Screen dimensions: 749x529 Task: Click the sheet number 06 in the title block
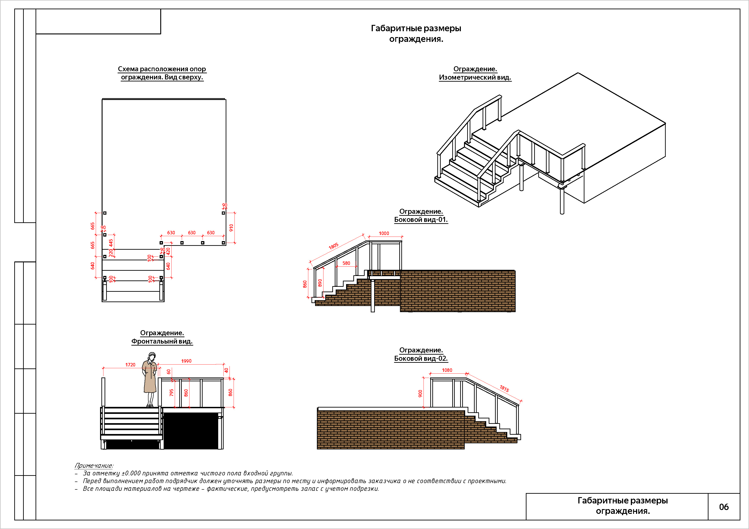(x=724, y=507)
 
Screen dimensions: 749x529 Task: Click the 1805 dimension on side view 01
(x=333, y=246)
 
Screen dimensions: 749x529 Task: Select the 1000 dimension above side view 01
(x=384, y=233)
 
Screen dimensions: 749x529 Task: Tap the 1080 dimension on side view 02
(x=447, y=370)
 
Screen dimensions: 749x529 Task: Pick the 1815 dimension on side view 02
(x=504, y=389)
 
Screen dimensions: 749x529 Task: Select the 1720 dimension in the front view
(x=130, y=365)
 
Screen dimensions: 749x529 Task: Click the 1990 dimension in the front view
(x=186, y=361)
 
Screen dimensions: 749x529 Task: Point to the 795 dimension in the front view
(x=171, y=393)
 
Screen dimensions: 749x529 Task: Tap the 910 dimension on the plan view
(x=231, y=228)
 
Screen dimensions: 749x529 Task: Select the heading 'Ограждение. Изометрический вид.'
(x=475, y=73)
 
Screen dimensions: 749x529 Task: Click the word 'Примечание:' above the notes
(x=94, y=465)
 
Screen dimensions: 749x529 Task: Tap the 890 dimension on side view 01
(x=320, y=283)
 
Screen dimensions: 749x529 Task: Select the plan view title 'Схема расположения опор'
(x=162, y=69)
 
